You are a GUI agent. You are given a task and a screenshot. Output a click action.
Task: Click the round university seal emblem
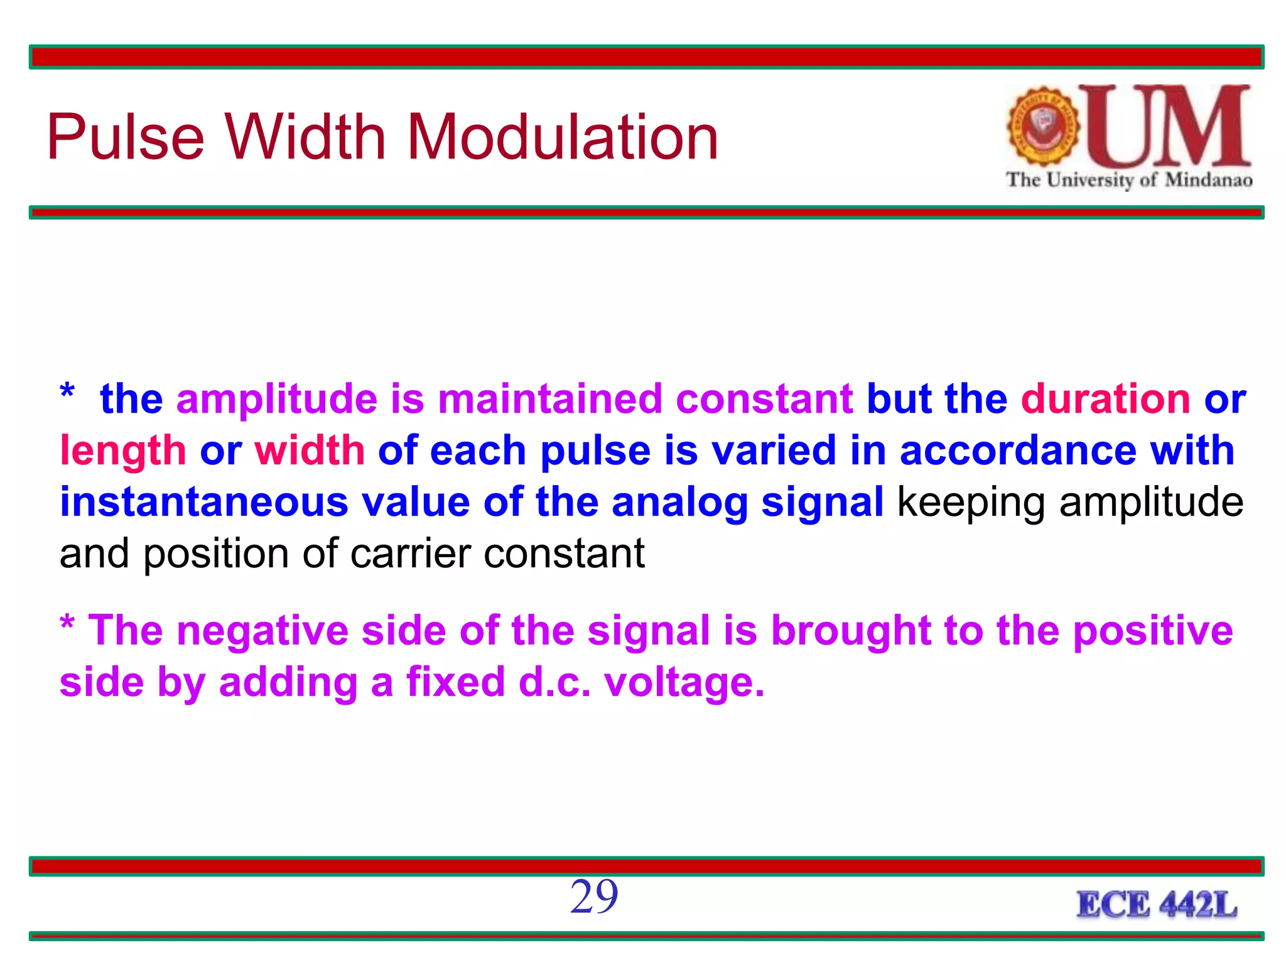point(1043,126)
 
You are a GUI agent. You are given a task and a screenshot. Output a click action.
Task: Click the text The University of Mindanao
point(1128,180)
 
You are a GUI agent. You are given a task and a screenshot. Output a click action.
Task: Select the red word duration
point(1105,399)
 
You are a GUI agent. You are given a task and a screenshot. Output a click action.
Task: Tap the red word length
point(123,451)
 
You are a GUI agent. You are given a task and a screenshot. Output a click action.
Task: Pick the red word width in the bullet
point(310,451)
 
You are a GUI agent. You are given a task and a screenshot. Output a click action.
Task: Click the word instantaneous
point(203,503)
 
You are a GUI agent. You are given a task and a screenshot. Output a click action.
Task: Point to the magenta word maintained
point(550,399)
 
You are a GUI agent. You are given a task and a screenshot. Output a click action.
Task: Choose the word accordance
point(1018,451)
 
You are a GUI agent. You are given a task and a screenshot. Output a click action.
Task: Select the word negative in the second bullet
point(262,631)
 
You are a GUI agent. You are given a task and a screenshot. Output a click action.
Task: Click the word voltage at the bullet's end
point(684,683)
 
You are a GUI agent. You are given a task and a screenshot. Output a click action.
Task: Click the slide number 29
point(594,897)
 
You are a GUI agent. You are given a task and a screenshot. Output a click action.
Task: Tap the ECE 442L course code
point(1157,905)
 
